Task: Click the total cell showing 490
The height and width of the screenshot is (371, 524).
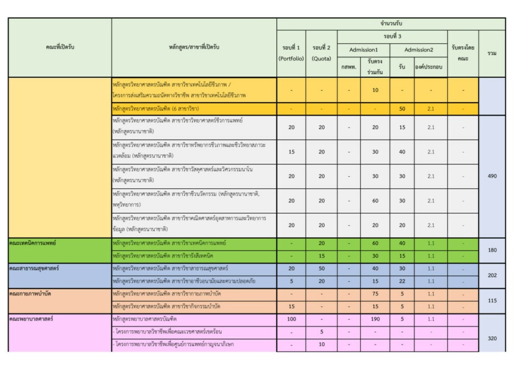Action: (492, 176)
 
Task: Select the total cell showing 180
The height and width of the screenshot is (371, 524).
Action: (492, 250)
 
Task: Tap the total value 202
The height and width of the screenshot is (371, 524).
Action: (492, 275)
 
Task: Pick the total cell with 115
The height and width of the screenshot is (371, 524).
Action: (492, 301)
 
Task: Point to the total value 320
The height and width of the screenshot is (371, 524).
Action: (492, 338)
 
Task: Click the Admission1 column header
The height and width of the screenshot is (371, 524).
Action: (363, 50)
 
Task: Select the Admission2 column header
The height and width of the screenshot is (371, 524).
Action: (419, 50)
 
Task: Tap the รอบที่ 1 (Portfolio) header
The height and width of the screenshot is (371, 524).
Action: (292, 53)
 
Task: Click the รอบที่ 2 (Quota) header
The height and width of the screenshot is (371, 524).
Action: (322, 53)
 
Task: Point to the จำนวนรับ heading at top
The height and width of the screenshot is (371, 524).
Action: (391, 24)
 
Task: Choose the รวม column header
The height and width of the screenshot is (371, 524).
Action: (492, 53)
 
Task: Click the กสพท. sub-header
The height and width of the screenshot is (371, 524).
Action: (349, 67)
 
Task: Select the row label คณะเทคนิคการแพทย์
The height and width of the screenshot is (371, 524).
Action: (33, 243)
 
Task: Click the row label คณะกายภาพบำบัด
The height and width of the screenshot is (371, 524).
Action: (30, 294)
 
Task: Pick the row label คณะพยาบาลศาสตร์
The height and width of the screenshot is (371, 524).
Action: (31, 319)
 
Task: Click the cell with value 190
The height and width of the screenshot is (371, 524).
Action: (375, 319)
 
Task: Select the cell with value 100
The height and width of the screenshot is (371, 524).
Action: (292, 319)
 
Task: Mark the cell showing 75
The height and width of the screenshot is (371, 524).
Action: (375, 294)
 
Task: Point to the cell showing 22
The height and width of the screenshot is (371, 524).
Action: (402, 281)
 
